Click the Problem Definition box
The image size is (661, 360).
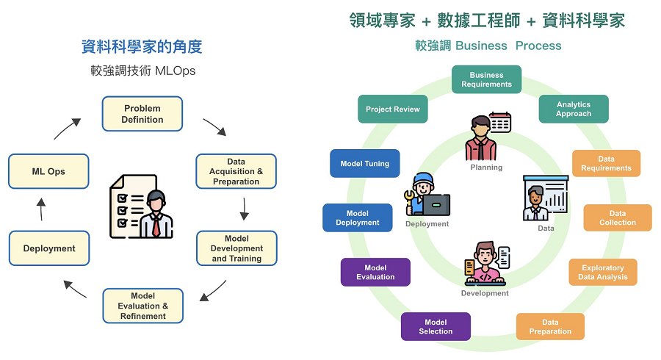[142, 114]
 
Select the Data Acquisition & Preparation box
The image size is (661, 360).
[236, 171]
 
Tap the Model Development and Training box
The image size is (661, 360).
[236, 248]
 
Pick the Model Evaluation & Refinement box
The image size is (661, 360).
[142, 306]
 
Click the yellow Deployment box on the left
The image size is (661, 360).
[49, 248]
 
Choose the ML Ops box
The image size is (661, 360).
[48, 171]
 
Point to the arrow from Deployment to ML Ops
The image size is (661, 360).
[41, 209]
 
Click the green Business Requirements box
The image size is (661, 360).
[486, 79]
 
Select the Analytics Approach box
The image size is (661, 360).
[574, 109]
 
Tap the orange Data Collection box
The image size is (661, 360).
[617, 217]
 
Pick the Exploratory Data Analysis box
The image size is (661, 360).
[602, 272]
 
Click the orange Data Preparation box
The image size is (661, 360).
[550, 326]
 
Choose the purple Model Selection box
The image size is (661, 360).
[436, 326]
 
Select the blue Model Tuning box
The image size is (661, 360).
[365, 163]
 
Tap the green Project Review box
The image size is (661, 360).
[393, 109]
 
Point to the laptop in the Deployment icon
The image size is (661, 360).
[436, 204]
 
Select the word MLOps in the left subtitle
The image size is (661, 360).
[176, 72]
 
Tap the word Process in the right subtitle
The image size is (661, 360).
[538, 46]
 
